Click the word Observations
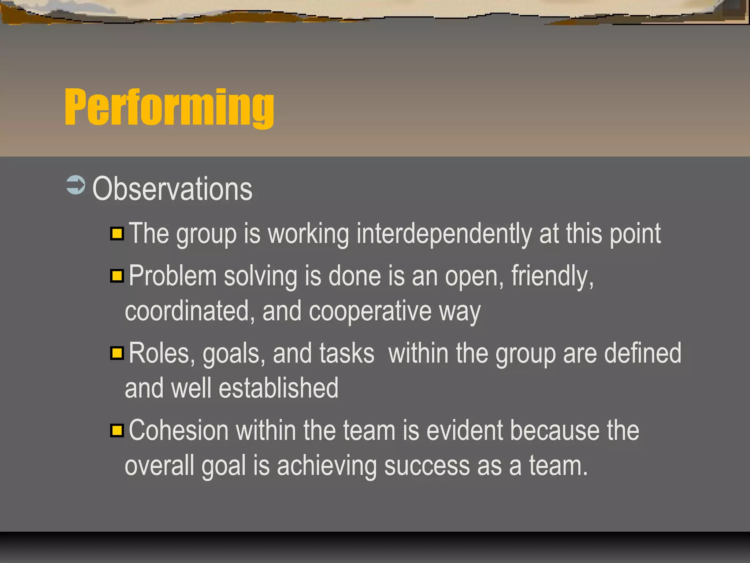tap(172, 189)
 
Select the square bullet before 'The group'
tap(117, 233)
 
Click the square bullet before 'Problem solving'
tap(117, 276)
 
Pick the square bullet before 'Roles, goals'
tap(117, 353)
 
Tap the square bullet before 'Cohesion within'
tap(117, 430)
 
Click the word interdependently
tap(444, 234)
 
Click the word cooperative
tap(370, 311)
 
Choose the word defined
tap(642, 354)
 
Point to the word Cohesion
tap(179, 431)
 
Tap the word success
tap(427, 466)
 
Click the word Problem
tap(172, 276)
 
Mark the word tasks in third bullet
tap(346, 354)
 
